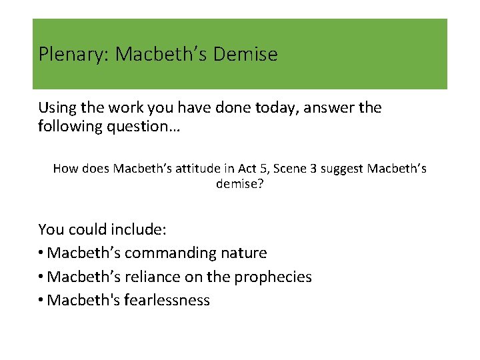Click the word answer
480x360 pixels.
click(327, 107)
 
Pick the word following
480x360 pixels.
click(75, 125)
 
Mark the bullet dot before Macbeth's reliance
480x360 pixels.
click(42, 277)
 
